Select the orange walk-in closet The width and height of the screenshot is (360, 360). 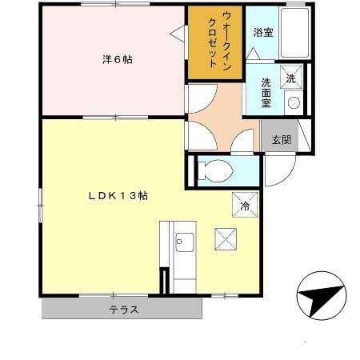pos(214,43)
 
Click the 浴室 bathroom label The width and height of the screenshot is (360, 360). pos(262,33)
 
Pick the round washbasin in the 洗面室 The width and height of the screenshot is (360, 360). pos(294,103)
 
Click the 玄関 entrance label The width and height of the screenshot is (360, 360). pos(281,140)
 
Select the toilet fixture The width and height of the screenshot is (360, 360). pos(219,170)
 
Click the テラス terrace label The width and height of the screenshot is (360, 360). pos(124,310)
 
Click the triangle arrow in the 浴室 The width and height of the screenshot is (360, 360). pos(253,52)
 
